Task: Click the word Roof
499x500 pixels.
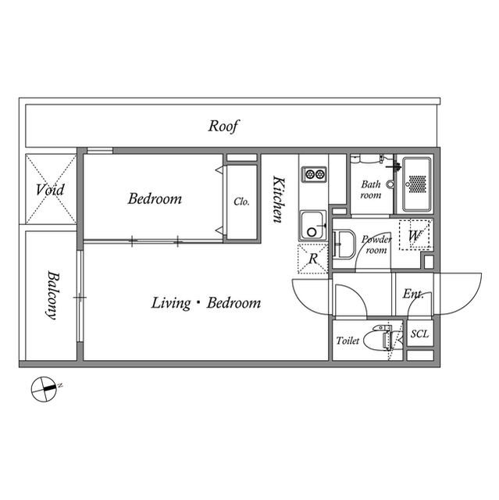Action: [x=223, y=126]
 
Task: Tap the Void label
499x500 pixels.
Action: [x=50, y=189]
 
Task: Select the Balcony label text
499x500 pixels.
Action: [x=52, y=295]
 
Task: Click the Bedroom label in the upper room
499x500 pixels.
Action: [x=155, y=198]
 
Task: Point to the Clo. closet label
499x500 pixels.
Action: [x=241, y=201]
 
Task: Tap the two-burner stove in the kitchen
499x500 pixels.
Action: [x=314, y=173]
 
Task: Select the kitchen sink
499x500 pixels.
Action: [x=314, y=227]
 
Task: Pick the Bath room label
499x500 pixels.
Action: [x=370, y=190]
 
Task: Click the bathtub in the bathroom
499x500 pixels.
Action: [x=417, y=184]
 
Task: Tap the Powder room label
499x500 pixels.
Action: [x=376, y=245]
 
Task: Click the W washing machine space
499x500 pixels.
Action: [x=414, y=234]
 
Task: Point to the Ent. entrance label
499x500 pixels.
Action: [x=412, y=295]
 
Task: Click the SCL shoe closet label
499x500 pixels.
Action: [x=419, y=334]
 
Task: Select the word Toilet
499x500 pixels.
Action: [x=347, y=341]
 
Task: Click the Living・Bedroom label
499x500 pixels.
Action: [x=206, y=303]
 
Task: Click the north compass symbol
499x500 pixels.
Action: [x=43, y=388]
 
